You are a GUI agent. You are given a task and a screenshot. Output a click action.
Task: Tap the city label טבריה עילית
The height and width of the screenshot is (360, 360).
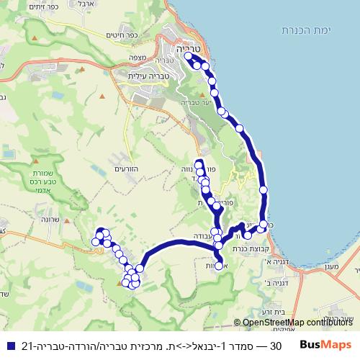tap(146, 74)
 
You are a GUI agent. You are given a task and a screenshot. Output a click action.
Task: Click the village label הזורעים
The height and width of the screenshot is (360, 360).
tap(126, 168)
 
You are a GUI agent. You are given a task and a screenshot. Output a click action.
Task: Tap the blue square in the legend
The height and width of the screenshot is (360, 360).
tap(8, 345)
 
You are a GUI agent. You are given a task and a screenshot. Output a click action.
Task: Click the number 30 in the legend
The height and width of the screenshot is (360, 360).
tap(274, 345)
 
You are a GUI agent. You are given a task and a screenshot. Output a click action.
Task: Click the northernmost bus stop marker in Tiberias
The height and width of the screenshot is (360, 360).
tap(189, 55)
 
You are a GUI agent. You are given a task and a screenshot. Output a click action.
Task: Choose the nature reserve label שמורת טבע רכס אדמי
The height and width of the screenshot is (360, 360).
tap(52, 186)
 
